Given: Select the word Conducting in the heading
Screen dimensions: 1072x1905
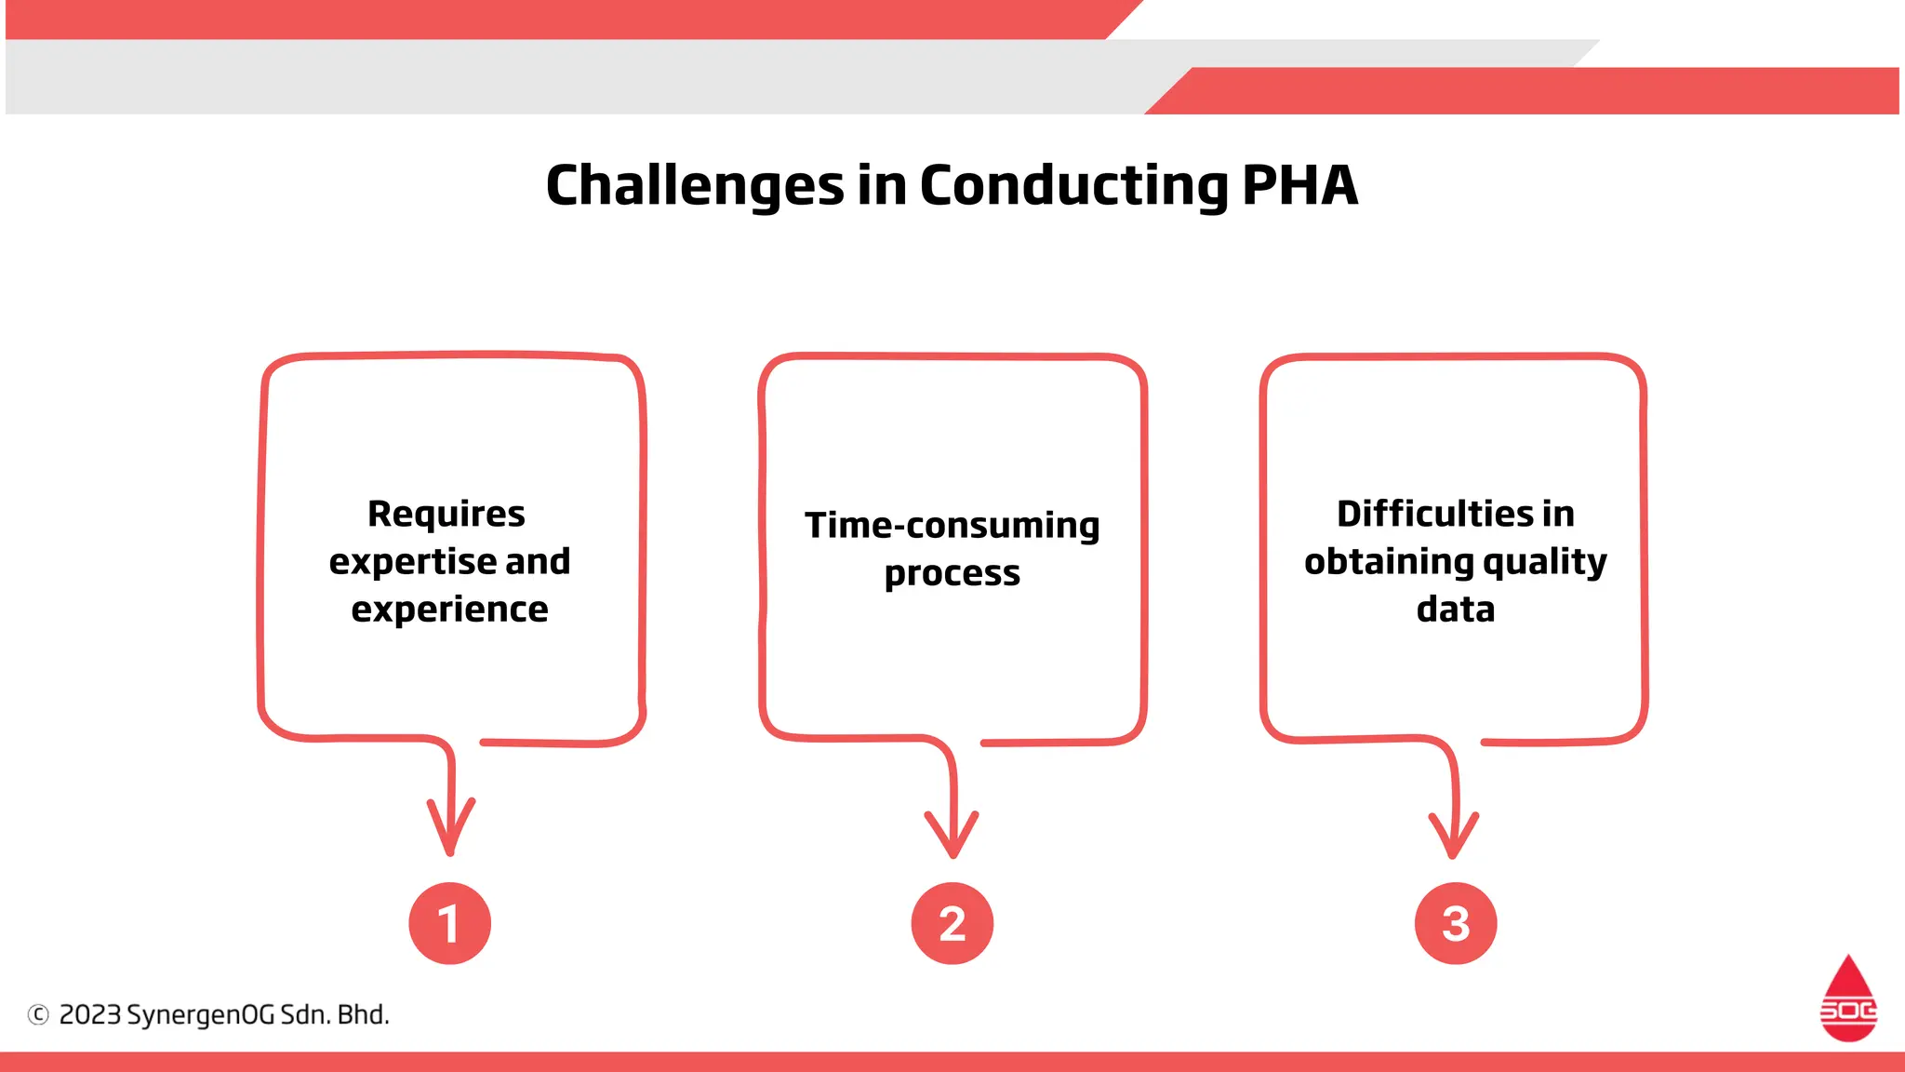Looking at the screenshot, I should [1073, 185].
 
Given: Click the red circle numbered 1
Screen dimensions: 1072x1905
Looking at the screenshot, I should [449, 923].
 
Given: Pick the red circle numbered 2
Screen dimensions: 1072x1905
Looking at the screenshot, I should [952, 923].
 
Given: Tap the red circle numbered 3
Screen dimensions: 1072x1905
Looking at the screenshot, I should [1455, 923].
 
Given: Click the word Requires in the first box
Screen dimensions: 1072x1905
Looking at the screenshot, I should [446, 514].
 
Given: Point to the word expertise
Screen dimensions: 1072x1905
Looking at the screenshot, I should [412, 562].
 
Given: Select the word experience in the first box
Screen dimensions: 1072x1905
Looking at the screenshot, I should [449, 610].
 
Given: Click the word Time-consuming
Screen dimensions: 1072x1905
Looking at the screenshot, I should [952, 526].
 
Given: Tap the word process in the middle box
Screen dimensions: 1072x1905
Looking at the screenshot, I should [952, 573].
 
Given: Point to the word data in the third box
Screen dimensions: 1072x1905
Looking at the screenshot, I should [1455, 610].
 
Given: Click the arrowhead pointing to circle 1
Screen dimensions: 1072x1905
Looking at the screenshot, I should [450, 833].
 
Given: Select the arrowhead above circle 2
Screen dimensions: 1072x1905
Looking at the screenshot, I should [952, 837].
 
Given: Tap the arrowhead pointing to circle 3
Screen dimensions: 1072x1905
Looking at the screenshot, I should [1453, 837].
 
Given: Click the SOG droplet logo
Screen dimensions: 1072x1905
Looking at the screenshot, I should [1847, 1000].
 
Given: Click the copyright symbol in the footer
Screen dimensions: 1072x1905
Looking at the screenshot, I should [38, 1014].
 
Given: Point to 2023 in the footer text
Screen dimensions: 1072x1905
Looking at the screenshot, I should [89, 1014].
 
